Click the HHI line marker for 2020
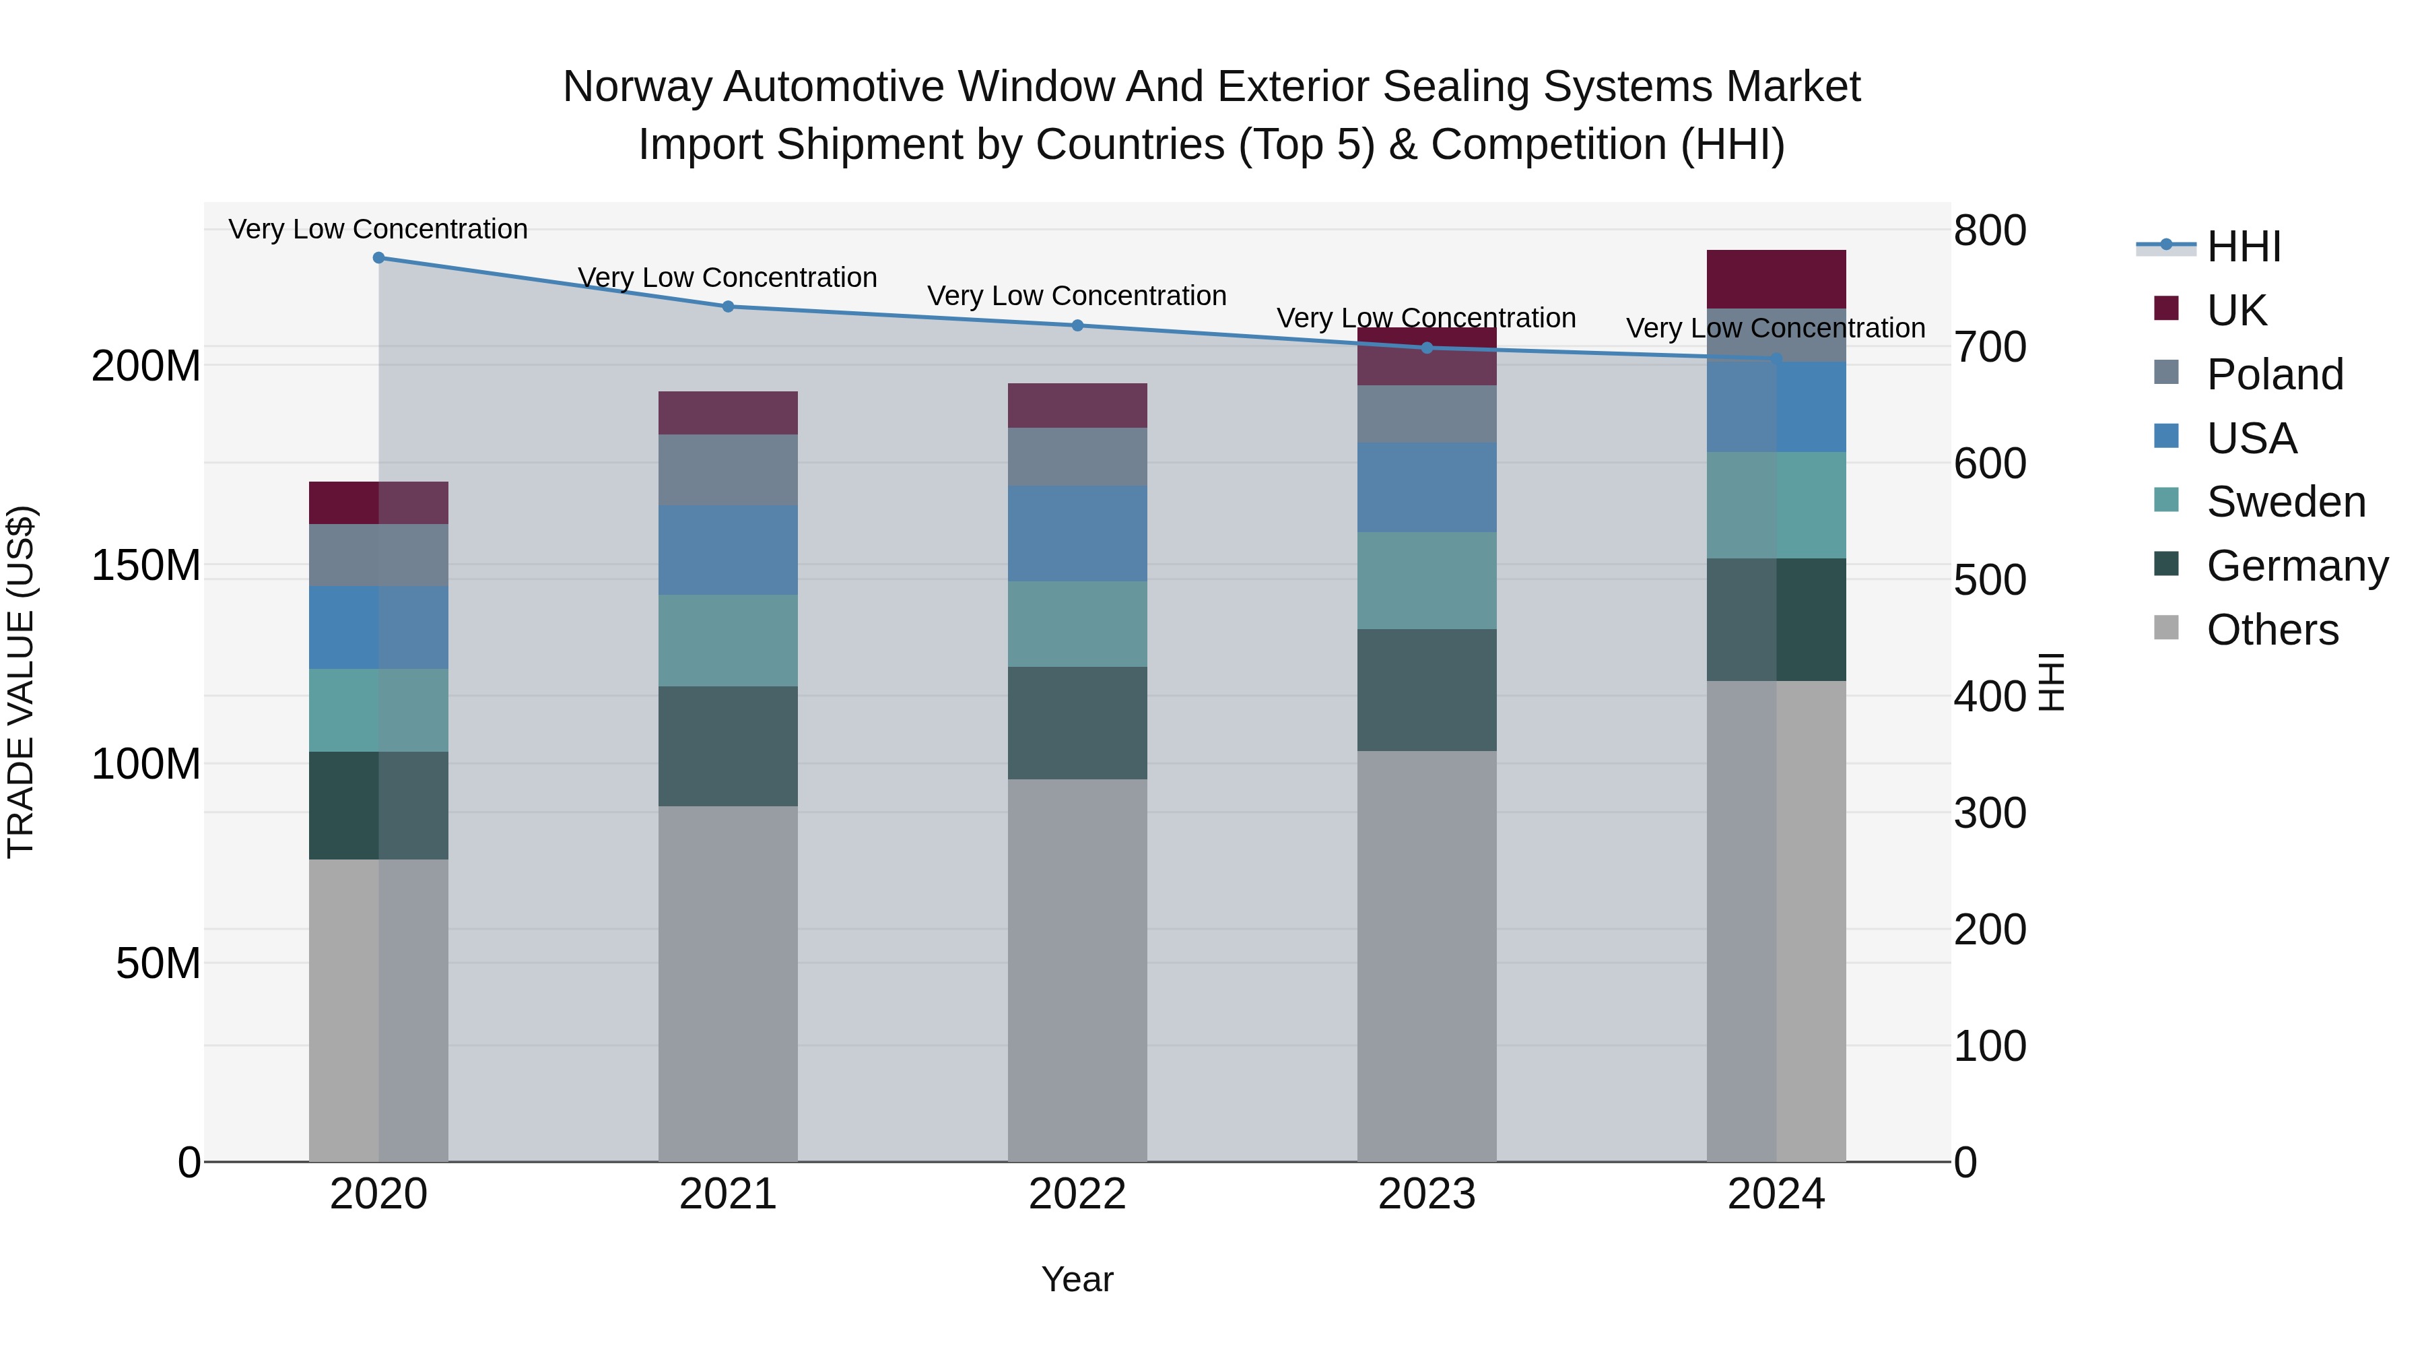[378, 257]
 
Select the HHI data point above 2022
[1077, 326]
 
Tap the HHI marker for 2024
[1776, 358]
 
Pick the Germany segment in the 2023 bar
[1427, 689]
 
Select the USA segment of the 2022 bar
[1077, 533]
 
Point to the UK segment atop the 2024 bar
[1776, 279]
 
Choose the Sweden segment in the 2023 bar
[1427, 580]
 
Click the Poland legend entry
[2275, 375]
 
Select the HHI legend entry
[2244, 247]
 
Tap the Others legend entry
[2272, 630]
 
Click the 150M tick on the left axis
[146, 566]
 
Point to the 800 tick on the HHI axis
[1989, 230]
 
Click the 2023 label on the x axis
[1427, 1194]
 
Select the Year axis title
[1077, 1279]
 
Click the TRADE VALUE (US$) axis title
[21, 682]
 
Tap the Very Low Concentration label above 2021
[727, 278]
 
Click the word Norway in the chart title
[639, 87]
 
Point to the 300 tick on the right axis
[1989, 813]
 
